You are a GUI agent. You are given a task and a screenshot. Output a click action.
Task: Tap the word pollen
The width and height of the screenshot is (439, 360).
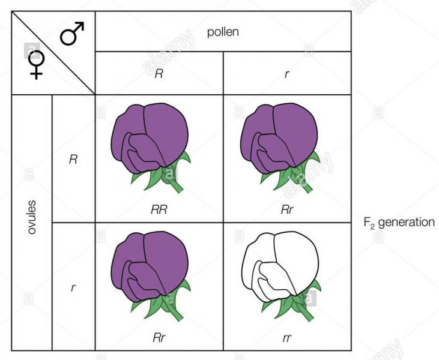point(223,32)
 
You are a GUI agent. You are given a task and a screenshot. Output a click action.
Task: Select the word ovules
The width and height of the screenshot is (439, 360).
point(32,217)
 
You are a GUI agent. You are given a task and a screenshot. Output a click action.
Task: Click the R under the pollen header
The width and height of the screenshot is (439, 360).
point(159,74)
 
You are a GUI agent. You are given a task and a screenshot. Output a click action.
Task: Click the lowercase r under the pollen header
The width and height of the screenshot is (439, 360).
point(286,74)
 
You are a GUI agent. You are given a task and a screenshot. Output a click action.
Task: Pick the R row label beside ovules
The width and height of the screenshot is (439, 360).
point(73,159)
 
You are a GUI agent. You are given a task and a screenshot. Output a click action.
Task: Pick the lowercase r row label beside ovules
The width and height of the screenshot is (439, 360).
point(73,287)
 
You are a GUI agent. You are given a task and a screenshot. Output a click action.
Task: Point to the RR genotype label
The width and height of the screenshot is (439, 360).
point(159,209)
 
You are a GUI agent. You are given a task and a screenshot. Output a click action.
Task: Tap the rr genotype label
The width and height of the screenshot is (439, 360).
point(286,338)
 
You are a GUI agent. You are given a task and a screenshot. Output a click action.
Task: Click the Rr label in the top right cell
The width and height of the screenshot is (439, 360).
point(287,209)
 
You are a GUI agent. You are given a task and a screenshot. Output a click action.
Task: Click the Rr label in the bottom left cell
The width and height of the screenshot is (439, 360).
point(159,338)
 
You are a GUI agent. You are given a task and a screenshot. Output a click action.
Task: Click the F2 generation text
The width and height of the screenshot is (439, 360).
point(399,223)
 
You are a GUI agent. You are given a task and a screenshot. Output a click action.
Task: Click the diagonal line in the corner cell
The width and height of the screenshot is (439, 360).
point(53,53)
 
